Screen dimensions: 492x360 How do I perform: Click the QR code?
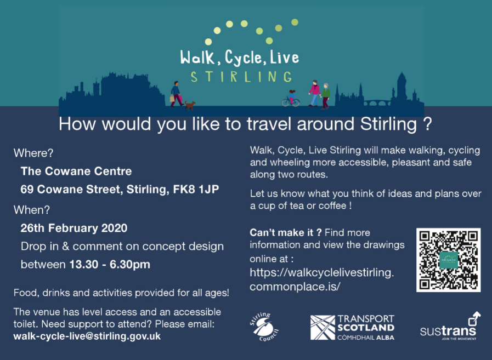448,260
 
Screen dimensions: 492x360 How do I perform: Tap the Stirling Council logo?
264,327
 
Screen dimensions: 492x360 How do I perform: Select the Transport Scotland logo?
352,327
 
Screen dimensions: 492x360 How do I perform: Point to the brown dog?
190,105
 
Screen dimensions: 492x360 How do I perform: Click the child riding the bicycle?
291,98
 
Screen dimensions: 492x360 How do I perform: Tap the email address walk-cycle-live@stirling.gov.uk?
87,336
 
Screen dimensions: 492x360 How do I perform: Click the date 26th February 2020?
74,228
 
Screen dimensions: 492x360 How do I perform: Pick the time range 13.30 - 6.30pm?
110,264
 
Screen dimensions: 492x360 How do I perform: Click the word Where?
33,153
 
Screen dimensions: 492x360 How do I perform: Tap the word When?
31,210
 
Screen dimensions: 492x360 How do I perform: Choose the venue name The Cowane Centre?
76,171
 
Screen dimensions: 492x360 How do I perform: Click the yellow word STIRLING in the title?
241,77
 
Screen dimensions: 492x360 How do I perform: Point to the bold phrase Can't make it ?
286,233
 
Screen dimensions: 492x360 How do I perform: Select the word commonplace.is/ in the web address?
295,287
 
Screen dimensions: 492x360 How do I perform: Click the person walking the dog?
177,94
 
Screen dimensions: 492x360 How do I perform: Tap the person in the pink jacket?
314,93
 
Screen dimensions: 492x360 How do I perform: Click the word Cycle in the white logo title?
243,58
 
